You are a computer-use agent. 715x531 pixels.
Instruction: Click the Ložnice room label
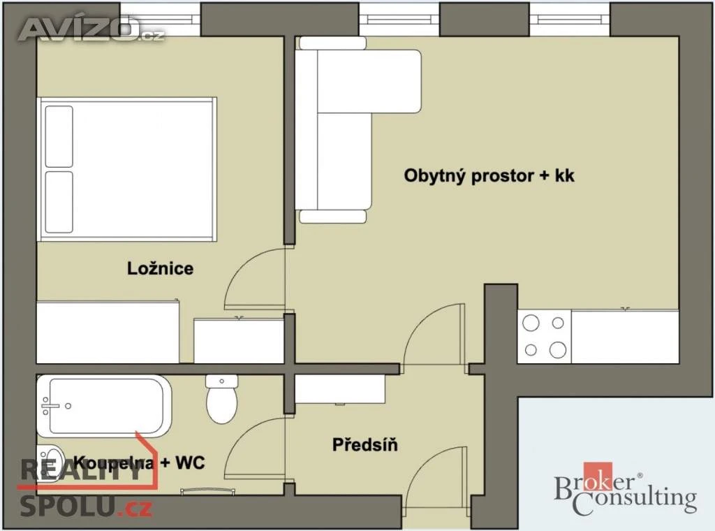coord(160,268)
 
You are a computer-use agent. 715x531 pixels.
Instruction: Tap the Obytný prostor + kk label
coord(489,176)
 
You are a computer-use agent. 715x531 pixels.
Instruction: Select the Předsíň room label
coord(364,444)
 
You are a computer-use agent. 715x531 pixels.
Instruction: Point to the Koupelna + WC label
coord(139,463)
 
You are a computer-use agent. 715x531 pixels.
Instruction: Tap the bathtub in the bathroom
coord(104,406)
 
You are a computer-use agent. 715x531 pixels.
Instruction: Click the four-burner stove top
coord(544,337)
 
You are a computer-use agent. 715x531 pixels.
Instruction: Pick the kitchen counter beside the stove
coord(625,337)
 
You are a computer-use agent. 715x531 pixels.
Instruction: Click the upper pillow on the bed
coord(59,136)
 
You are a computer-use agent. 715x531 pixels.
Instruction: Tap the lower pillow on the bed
coord(59,202)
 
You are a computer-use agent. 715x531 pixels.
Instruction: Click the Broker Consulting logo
coord(625,489)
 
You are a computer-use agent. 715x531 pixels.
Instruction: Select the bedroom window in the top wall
coord(161,18)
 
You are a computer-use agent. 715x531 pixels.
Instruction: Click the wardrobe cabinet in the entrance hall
coord(340,389)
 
